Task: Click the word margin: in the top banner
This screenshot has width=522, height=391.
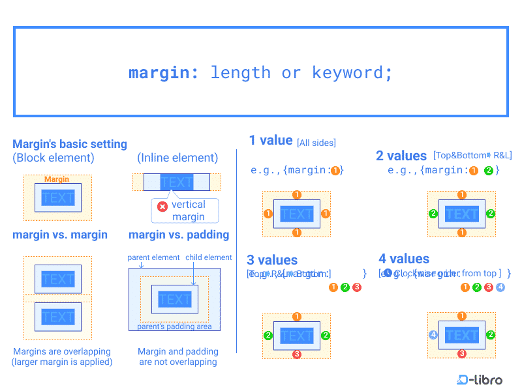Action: tap(163, 72)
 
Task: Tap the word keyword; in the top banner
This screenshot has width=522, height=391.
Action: tap(352, 72)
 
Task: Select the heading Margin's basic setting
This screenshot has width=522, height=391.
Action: tap(70, 144)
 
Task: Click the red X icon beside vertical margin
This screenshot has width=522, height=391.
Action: tap(162, 206)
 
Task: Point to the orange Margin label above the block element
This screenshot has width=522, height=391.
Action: tap(57, 179)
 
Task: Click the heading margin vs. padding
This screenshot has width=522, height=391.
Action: tap(179, 235)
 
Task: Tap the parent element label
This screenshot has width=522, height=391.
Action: tap(153, 257)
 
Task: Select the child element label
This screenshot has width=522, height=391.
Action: tap(209, 257)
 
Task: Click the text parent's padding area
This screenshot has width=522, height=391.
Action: tap(174, 326)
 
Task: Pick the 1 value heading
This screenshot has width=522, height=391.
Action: tap(271, 140)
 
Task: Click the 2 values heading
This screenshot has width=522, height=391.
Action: tap(401, 156)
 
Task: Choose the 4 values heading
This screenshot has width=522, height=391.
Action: tap(404, 259)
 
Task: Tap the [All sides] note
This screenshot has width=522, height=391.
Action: tap(316, 143)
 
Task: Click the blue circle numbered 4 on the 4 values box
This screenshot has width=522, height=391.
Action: tap(433, 335)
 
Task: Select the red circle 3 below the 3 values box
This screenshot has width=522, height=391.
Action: tap(297, 354)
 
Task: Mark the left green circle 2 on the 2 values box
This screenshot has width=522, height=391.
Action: tap(433, 213)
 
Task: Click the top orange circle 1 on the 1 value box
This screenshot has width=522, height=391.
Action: tap(297, 194)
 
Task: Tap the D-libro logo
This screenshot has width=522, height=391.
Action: tap(480, 379)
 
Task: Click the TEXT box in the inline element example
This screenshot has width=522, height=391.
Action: tap(176, 182)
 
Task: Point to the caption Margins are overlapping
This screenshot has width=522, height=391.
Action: tap(62, 352)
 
